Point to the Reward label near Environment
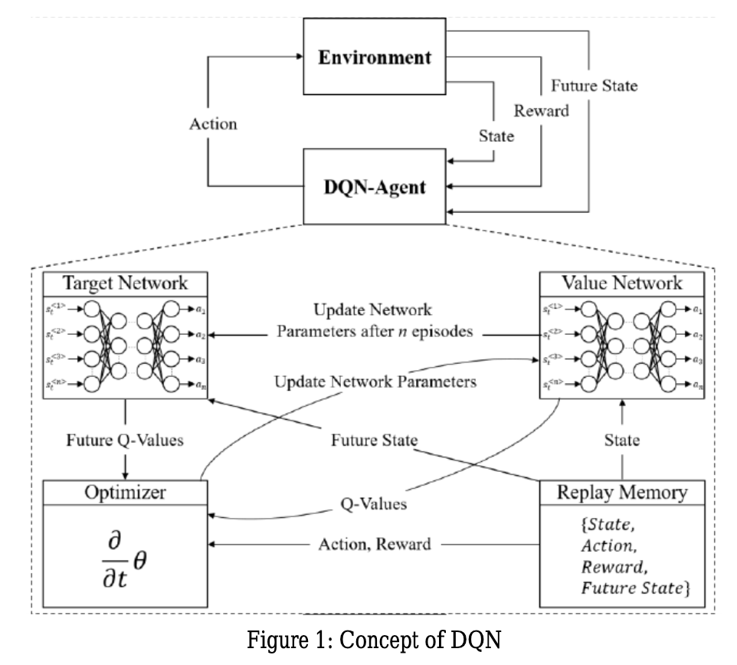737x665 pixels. (x=542, y=110)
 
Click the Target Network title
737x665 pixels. (x=126, y=282)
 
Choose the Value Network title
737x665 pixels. (x=622, y=282)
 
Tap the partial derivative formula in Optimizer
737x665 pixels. (x=124, y=549)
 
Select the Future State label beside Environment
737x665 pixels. (x=595, y=86)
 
